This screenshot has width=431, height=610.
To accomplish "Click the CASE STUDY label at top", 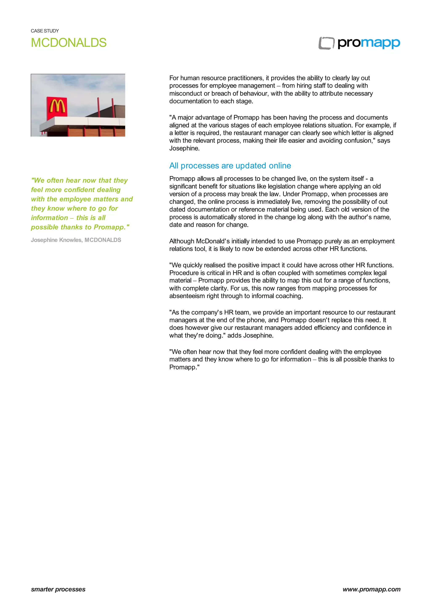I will click(x=45, y=31).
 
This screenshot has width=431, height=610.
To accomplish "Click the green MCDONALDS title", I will click(x=69, y=43).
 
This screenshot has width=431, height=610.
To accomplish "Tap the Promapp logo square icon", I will click(x=326, y=43).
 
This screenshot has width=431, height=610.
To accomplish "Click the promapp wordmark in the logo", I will click(x=369, y=43).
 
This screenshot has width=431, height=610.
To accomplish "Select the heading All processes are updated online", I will click(x=230, y=166).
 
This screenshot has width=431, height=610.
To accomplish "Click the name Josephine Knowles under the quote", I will click(x=56, y=240).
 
